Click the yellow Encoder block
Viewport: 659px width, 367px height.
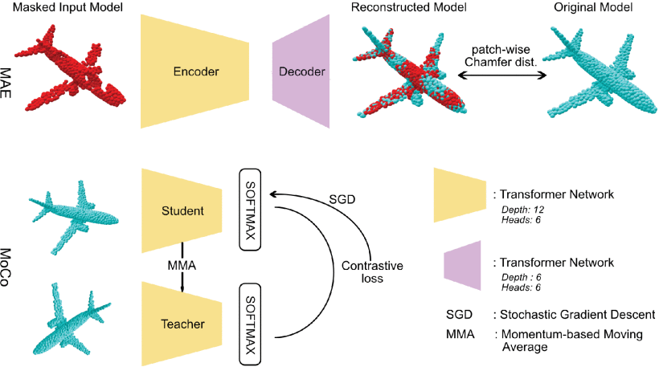pos(195,72)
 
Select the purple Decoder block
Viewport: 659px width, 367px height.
pos(301,72)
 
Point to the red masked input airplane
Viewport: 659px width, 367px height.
pos(73,73)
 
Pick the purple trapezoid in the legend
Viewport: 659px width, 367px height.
pos(461,263)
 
